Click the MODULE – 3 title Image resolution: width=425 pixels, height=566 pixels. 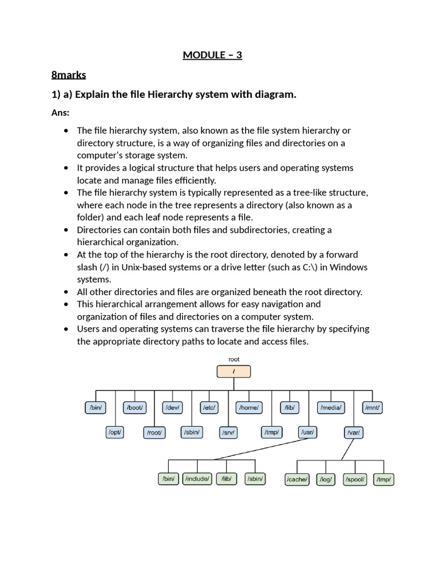tap(212, 55)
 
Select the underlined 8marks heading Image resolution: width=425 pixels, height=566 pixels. tap(68, 75)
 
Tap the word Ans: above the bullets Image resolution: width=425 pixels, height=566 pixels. tap(61, 113)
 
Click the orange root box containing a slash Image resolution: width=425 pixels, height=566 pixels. tap(234, 371)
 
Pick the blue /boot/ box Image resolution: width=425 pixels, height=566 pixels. tap(135, 408)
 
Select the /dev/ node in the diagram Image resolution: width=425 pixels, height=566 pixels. tap(172, 408)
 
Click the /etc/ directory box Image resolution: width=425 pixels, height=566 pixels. tap(209, 408)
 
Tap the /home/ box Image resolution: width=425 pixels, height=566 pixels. tap(248, 408)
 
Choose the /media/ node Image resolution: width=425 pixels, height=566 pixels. tap(331, 408)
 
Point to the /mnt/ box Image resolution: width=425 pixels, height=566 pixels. tap(372, 408)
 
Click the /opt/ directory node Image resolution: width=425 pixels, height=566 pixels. tap(115, 432)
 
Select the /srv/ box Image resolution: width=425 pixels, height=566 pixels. tap(228, 432)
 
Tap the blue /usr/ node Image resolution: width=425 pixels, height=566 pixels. tap(307, 432)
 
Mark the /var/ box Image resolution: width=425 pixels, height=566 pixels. tap(354, 432)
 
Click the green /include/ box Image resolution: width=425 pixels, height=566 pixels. tap(197, 479)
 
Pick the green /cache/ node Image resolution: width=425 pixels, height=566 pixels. tap(297, 479)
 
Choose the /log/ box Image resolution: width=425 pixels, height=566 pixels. tap(326, 479)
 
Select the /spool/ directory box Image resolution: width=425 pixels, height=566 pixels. tap(355, 479)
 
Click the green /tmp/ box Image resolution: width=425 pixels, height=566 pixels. tap(383, 479)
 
